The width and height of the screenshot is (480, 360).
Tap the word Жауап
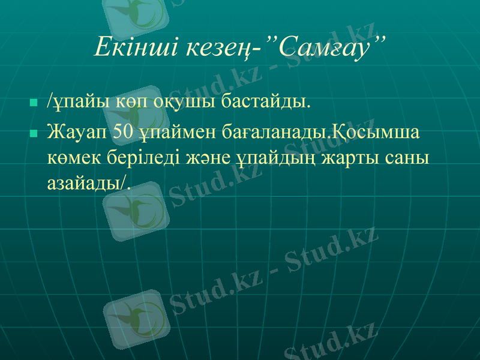pyautogui.click(x=77, y=131)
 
